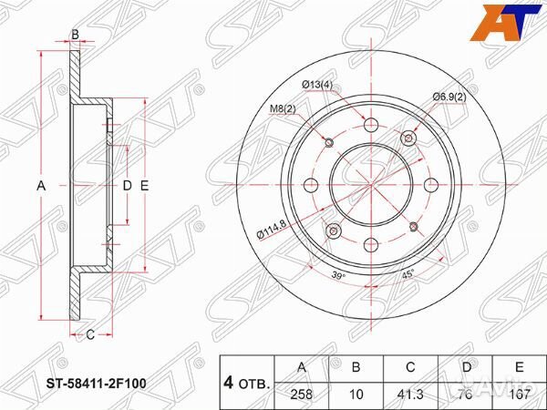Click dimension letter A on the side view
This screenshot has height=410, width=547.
[x=39, y=186]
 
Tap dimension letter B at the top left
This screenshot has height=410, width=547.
[x=75, y=36]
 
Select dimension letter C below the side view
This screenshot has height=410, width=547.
[x=90, y=334]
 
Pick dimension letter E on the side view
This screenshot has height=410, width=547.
[x=144, y=186]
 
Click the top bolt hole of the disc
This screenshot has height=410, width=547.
[x=371, y=123]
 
